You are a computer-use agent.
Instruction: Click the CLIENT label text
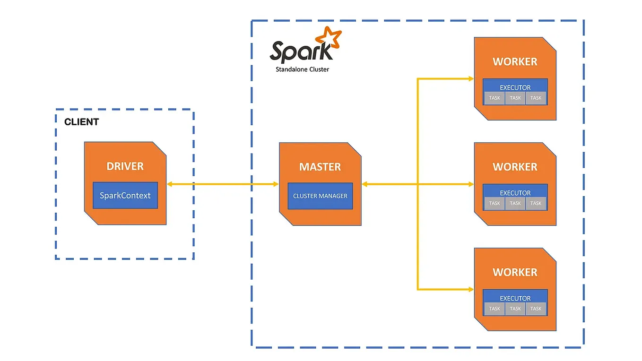(81, 122)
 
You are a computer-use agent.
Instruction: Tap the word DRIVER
(125, 166)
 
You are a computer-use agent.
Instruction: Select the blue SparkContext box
(125, 195)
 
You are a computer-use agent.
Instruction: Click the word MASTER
(320, 167)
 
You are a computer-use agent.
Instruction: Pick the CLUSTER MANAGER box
(320, 196)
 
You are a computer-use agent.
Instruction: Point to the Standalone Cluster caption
(302, 69)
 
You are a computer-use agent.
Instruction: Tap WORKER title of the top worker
(515, 62)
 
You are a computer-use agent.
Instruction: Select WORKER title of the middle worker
(515, 167)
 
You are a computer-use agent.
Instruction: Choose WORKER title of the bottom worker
(515, 272)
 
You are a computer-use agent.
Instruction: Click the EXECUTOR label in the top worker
(515, 87)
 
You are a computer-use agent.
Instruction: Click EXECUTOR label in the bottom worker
(515, 298)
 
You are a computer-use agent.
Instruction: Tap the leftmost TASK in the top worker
(495, 98)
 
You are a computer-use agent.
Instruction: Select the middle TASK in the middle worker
(515, 203)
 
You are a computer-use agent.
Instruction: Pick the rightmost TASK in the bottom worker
(536, 309)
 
